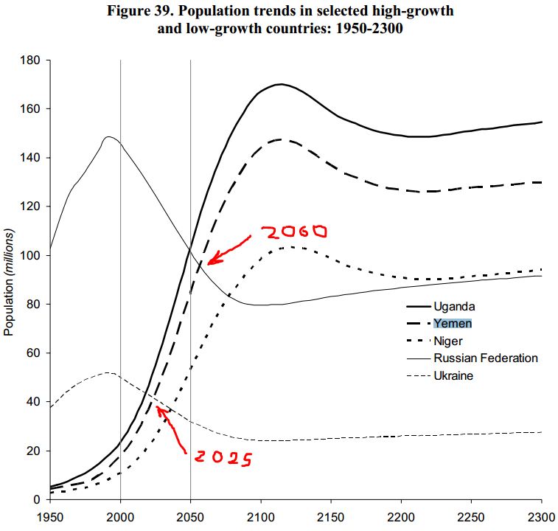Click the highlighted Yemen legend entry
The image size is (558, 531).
point(453,323)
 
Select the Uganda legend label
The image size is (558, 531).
point(454,305)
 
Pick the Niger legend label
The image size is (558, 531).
point(448,341)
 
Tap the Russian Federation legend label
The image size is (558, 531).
point(486,358)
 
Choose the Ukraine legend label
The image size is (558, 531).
point(453,375)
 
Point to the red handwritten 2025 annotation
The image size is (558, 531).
point(223,458)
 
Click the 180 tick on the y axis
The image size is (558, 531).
point(32,60)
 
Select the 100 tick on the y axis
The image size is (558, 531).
point(32,256)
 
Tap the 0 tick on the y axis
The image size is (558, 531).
point(38,500)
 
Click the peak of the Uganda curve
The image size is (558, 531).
point(281,84)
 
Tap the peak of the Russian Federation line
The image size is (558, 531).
point(109,136)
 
